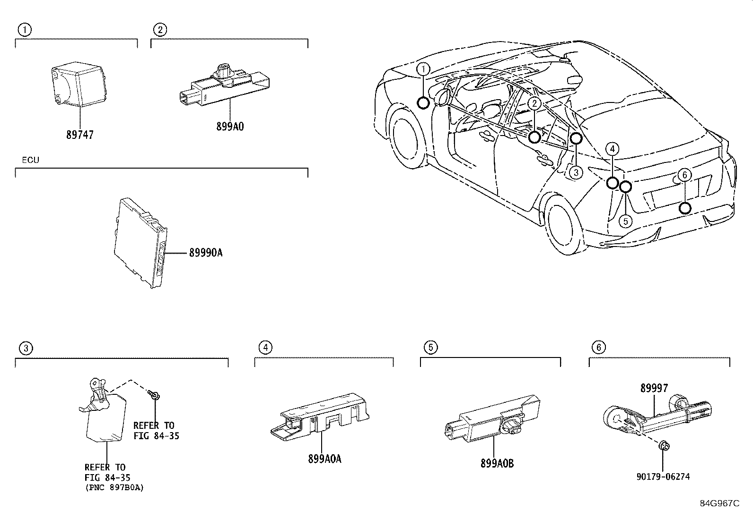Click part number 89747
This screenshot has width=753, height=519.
80,135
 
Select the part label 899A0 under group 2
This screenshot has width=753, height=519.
229,126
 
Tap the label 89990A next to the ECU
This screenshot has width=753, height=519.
206,253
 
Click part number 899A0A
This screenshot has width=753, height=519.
324,459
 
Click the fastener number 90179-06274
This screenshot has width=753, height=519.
663,476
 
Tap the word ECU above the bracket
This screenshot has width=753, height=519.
31,160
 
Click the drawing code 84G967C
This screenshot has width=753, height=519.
719,503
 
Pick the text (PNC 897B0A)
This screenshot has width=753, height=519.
114,487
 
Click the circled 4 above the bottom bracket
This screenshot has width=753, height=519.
265,348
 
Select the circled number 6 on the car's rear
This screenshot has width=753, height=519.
684,175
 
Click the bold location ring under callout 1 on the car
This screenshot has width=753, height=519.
423,102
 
